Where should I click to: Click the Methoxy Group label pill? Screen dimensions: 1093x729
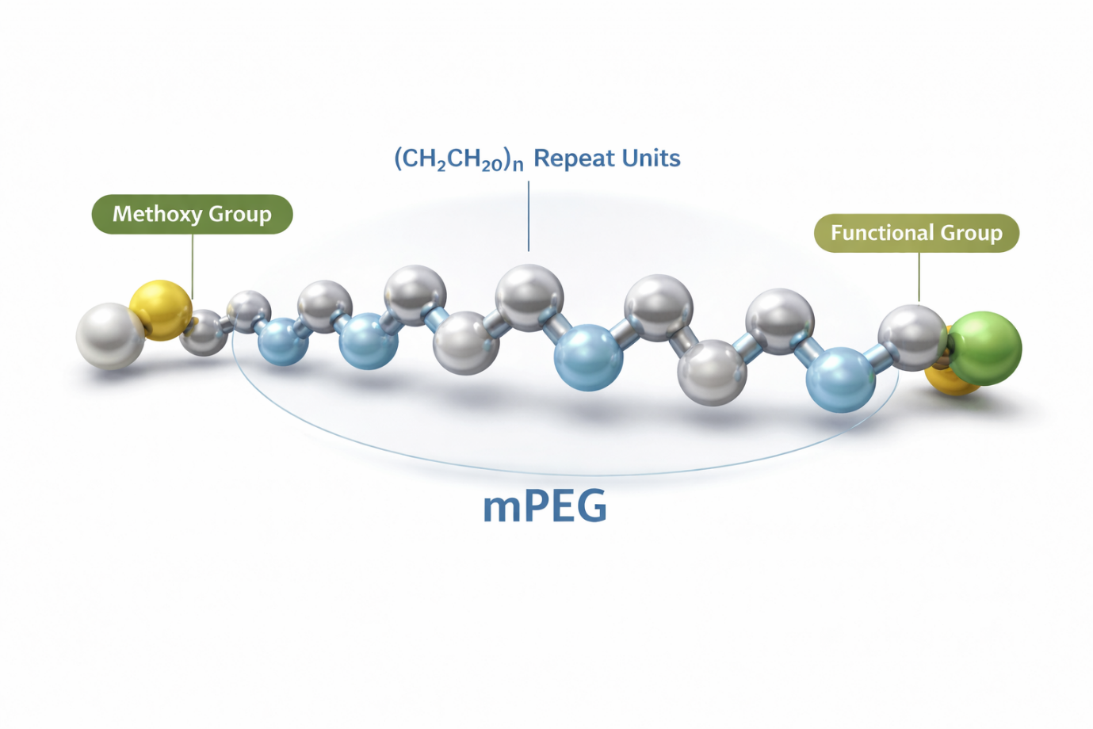[x=193, y=214]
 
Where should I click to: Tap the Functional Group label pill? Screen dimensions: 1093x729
[x=916, y=233]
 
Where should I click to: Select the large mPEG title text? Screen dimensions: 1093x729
[x=545, y=507]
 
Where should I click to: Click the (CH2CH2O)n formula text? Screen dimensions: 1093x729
[x=458, y=159]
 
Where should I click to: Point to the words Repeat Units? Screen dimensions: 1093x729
[x=607, y=158]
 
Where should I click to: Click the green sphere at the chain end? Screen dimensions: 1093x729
[x=984, y=349]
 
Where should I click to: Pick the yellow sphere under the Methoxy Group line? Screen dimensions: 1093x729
[x=161, y=311]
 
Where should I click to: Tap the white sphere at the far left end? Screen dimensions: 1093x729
[x=110, y=336]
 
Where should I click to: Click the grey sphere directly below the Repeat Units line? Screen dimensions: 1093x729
[x=529, y=298]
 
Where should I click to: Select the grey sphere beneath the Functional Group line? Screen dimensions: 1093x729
[x=912, y=338]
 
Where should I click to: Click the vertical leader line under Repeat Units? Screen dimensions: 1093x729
[x=529, y=216]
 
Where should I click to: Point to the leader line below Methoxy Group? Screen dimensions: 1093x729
[x=193, y=266]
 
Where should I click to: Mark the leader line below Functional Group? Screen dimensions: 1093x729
[x=919, y=277]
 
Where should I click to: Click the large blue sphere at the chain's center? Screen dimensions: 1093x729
[x=588, y=357]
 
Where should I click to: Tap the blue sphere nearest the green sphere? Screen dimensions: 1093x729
[x=841, y=380]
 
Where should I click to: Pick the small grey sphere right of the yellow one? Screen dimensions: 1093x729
[x=204, y=333]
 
